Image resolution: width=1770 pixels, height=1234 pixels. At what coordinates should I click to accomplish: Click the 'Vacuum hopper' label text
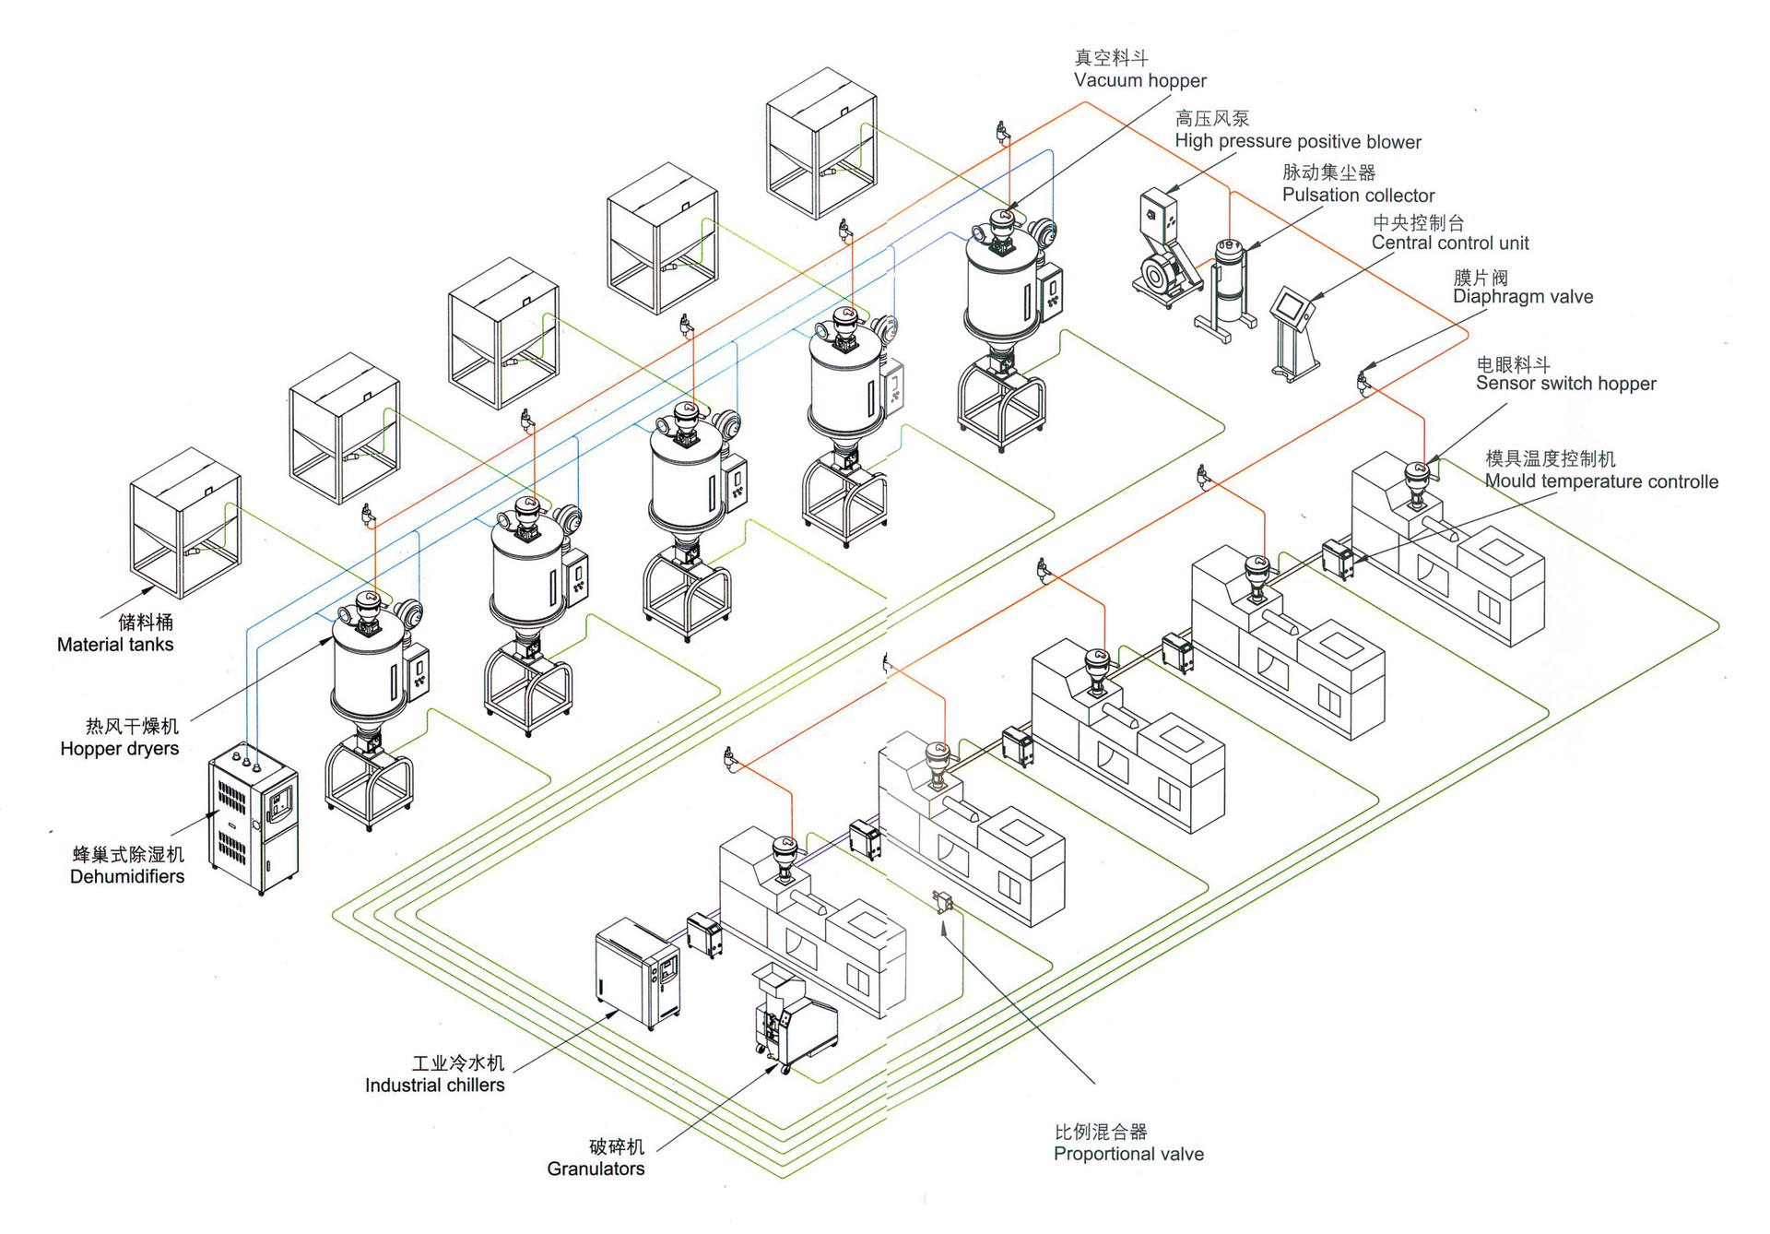tap(1139, 80)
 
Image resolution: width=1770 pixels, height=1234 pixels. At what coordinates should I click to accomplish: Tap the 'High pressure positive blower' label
tap(1298, 141)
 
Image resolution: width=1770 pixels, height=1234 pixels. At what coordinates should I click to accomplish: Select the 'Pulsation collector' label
tap(1358, 195)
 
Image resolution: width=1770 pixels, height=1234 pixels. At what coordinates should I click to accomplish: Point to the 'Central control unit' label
tap(1450, 243)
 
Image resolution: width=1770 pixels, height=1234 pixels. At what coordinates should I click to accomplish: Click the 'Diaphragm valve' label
tap(1523, 296)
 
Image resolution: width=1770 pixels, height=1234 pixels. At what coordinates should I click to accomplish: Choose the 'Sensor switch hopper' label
tap(1565, 383)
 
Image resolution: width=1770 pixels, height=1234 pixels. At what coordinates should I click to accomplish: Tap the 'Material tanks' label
tap(115, 645)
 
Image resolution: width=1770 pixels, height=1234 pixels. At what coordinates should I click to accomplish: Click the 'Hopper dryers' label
tap(120, 748)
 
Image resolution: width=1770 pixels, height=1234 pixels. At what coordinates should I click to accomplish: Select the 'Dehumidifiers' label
tap(127, 876)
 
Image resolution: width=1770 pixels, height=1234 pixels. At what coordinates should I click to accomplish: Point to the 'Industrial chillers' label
tap(435, 1085)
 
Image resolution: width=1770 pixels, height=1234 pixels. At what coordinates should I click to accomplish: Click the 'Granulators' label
tap(596, 1169)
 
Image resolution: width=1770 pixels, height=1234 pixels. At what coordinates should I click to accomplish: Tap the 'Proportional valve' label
tap(1128, 1154)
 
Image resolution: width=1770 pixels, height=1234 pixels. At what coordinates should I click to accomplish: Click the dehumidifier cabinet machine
tap(253, 818)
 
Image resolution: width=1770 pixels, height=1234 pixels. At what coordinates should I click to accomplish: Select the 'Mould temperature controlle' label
tap(1601, 481)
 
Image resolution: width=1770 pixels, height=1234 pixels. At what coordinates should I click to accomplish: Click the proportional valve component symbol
tap(943, 901)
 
